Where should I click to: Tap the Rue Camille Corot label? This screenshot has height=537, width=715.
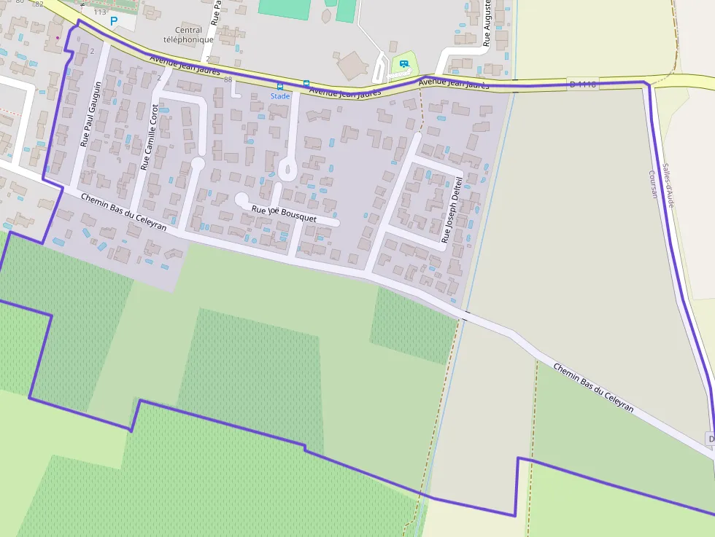(149, 137)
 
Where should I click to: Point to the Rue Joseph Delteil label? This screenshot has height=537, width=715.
(453, 209)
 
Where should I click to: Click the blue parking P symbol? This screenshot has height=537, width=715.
(113, 22)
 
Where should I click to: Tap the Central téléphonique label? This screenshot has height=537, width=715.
(189, 35)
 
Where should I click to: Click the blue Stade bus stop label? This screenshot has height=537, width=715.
(280, 96)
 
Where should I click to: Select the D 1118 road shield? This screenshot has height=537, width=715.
(582, 85)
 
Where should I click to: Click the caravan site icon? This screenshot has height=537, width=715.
(403, 64)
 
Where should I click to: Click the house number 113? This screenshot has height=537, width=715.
(100, 12)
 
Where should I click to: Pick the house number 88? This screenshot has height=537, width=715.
(228, 79)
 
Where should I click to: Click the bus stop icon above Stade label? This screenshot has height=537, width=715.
(280, 86)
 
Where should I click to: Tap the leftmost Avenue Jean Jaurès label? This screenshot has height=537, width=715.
(184, 66)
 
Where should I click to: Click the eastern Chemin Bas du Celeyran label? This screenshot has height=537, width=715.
(592, 388)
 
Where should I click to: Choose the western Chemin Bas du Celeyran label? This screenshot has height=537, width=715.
(123, 212)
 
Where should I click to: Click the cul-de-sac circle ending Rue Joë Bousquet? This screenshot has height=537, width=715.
(241, 198)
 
